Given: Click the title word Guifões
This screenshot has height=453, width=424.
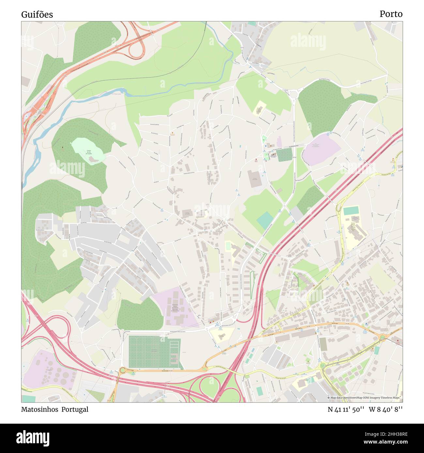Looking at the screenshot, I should [x=37, y=15].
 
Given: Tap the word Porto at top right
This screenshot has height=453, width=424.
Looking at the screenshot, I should [x=391, y=14].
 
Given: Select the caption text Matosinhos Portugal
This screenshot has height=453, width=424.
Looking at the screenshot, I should [x=54, y=409].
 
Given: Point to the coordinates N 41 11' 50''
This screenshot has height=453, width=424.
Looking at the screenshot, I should [x=346, y=409].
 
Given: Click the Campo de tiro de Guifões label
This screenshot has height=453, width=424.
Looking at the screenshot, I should [x=88, y=153].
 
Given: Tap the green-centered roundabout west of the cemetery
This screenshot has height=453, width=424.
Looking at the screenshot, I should [x=123, y=370].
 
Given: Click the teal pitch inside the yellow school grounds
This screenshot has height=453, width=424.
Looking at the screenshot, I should [x=351, y=211].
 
